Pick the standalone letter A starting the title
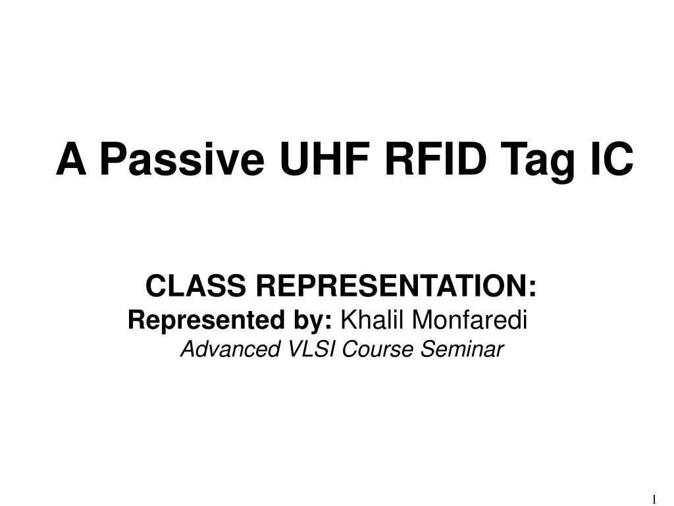pos(72,160)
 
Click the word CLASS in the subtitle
pos(196,287)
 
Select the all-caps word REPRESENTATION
pos(390,287)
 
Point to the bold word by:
pos(309,321)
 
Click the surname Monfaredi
pos(470,321)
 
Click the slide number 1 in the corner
pos(654,497)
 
